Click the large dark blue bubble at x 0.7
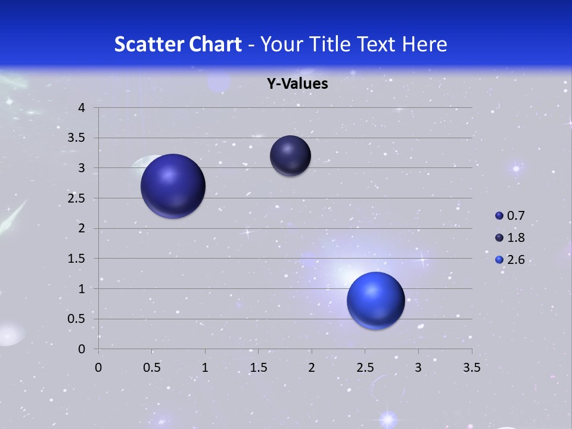(173, 186)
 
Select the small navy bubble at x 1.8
(290, 156)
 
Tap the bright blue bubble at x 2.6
(375, 300)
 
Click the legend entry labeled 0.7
(511, 216)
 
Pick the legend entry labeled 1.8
(511, 238)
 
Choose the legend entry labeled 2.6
(511, 260)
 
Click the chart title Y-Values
(297, 84)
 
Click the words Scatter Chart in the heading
(178, 44)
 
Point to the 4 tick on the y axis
(82, 108)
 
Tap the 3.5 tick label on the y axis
(77, 138)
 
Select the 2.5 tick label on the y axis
(77, 198)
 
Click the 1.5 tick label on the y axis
(77, 259)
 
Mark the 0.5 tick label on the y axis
(77, 319)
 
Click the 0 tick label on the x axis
(98, 368)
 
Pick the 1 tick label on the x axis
(205, 368)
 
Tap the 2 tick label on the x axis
(312, 368)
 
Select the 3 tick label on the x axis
(418, 368)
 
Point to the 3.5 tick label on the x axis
(471, 368)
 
